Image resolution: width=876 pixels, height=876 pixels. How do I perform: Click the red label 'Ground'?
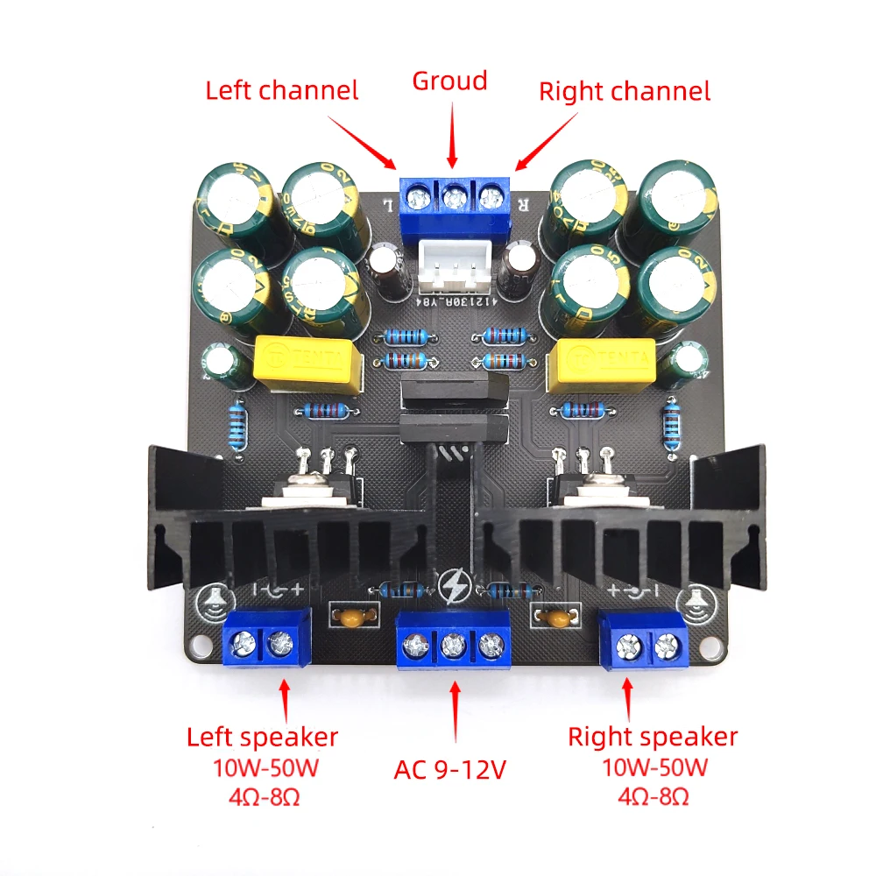pyautogui.click(x=449, y=81)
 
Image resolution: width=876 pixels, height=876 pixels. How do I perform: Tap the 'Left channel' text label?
pyautogui.click(x=282, y=90)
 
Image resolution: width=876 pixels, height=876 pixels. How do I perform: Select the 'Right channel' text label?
pyautogui.click(x=624, y=90)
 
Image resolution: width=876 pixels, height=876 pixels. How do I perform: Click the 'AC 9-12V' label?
pyautogui.click(x=450, y=771)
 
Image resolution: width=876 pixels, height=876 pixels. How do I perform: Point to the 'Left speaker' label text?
pyautogui.click(x=262, y=737)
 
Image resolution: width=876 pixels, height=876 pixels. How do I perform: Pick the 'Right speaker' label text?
pyautogui.click(x=653, y=737)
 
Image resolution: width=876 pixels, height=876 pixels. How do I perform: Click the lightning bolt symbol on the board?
pyautogui.click(x=455, y=585)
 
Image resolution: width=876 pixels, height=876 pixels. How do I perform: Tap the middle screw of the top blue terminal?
pyautogui.click(x=453, y=197)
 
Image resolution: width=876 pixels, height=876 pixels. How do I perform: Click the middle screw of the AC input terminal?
pyautogui.click(x=453, y=647)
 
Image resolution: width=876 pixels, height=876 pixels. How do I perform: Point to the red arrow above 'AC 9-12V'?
pyautogui.click(x=454, y=711)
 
